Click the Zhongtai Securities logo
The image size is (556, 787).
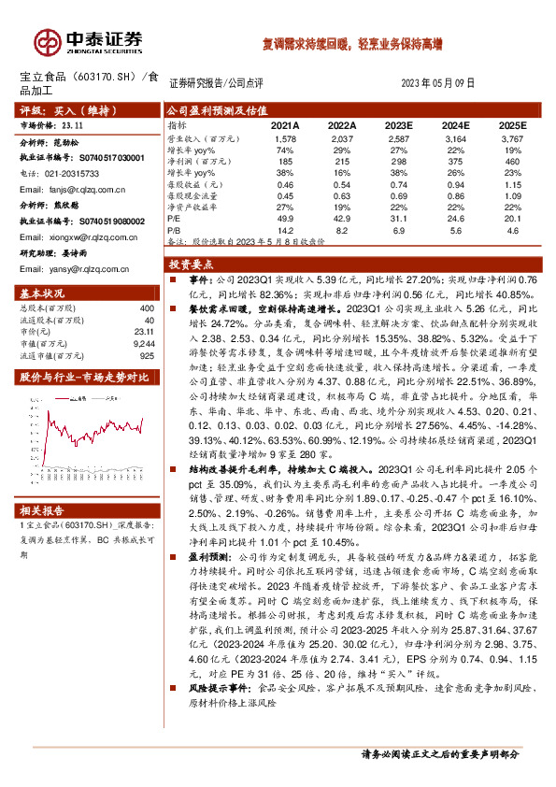coord(89,40)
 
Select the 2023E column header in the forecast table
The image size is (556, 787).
coord(397,124)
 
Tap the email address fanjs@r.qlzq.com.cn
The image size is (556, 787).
coord(84,188)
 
